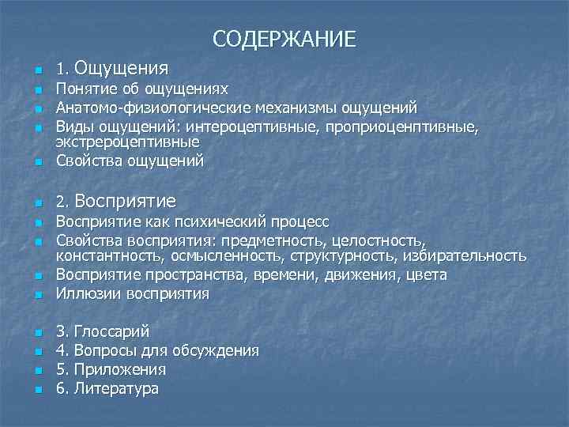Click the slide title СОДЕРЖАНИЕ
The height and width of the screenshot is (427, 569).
coord(284,38)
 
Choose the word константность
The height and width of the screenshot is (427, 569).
coord(104,256)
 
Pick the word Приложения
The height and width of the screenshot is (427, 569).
coord(118,369)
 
